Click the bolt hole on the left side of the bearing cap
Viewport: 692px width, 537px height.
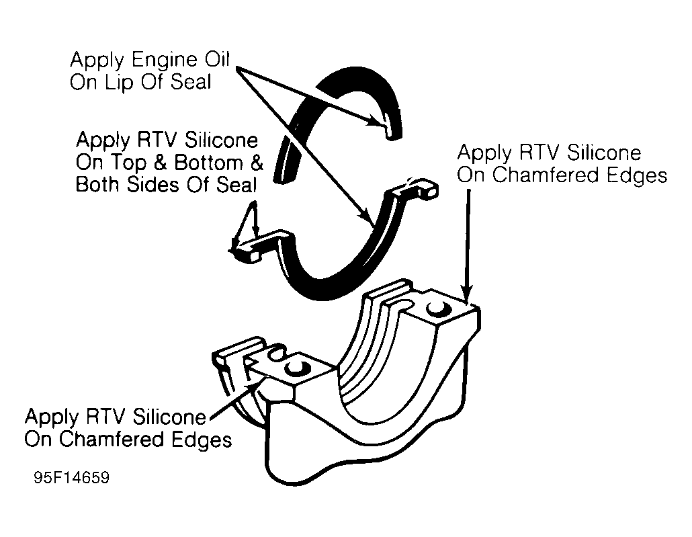pyautogui.click(x=296, y=368)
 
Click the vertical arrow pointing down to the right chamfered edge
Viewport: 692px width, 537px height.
pyautogui.click(x=467, y=242)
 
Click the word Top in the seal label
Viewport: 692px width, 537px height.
pyautogui.click(x=136, y=163)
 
